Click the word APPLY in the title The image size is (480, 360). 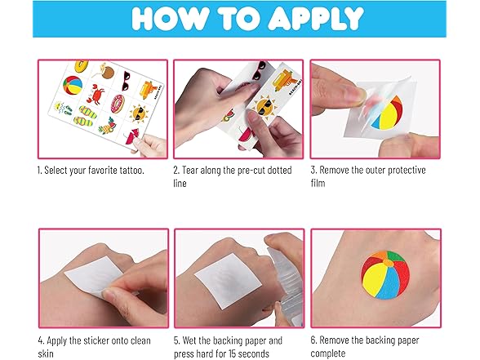[x=316, y=18]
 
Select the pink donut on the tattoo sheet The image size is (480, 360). [x=118, y=104]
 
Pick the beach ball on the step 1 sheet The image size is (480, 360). [x=73, y=86]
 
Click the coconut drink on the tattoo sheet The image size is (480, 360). [x=105, y=72]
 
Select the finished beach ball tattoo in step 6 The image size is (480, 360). [x=385, y=274]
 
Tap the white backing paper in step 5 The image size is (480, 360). [x=229, y=281]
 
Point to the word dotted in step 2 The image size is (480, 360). [x=279, y=170]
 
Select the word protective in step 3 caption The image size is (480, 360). [x=407, y=170]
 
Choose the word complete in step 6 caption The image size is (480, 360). [x=328, y=353]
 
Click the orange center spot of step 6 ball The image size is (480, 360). [x=389, y=263]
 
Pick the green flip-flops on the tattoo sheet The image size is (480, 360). [x=86, y=116]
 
